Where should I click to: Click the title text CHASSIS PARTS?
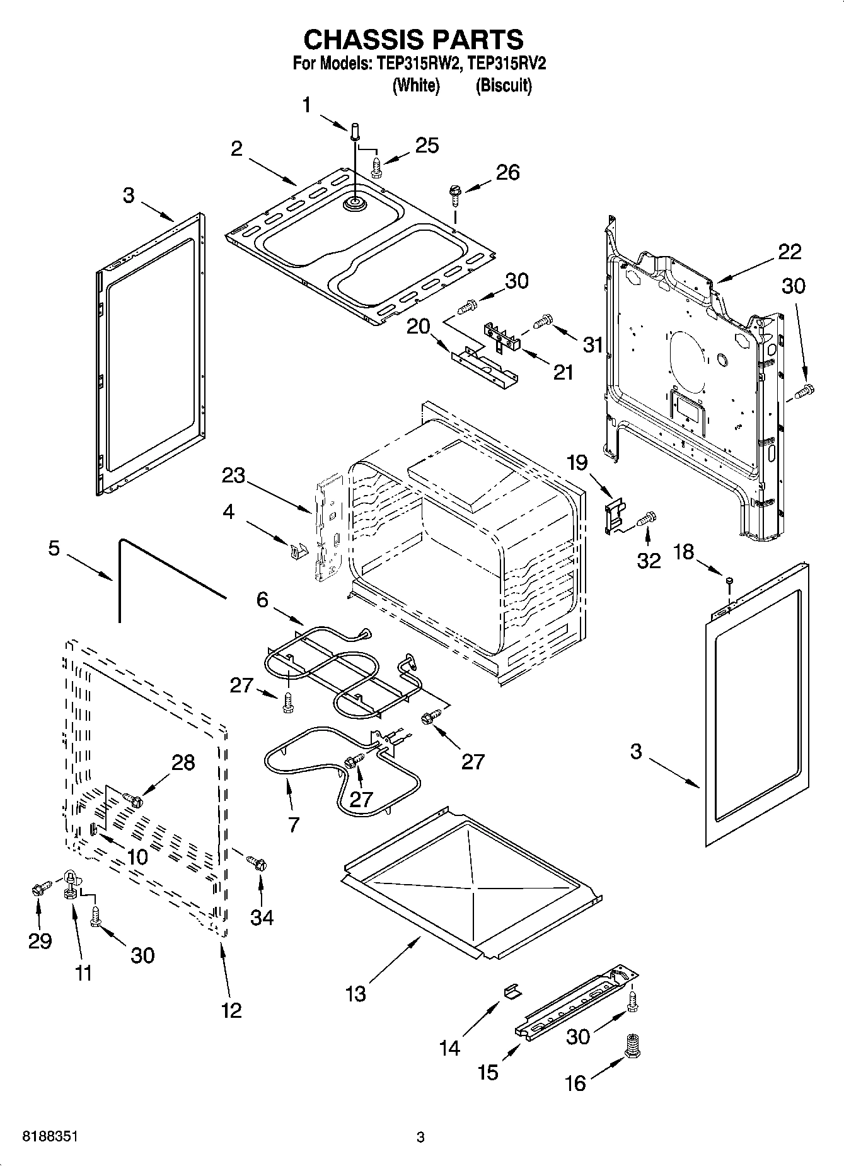(413, 39)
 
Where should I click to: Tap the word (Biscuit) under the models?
(503, 85)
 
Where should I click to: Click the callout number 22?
(789, 252)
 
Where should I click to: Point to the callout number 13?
(356, 994)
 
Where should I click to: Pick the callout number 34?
(262, 917)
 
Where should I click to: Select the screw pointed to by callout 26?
(454, 193)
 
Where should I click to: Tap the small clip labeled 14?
(512, 991)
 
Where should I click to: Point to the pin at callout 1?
(354, 132)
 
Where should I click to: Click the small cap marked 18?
(729, 580)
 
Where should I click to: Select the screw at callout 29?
(38, 890)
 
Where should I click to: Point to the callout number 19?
(578, 463)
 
